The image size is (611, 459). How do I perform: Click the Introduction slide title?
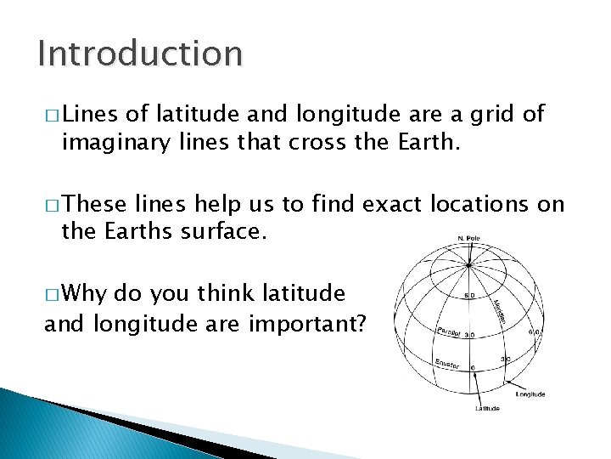140,54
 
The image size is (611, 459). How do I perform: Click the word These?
94,204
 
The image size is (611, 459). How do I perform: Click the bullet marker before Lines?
50,115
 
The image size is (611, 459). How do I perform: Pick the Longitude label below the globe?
530,394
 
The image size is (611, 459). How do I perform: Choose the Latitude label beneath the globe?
486,408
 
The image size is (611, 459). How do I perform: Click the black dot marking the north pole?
468,246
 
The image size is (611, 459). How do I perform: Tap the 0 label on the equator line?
473,367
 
